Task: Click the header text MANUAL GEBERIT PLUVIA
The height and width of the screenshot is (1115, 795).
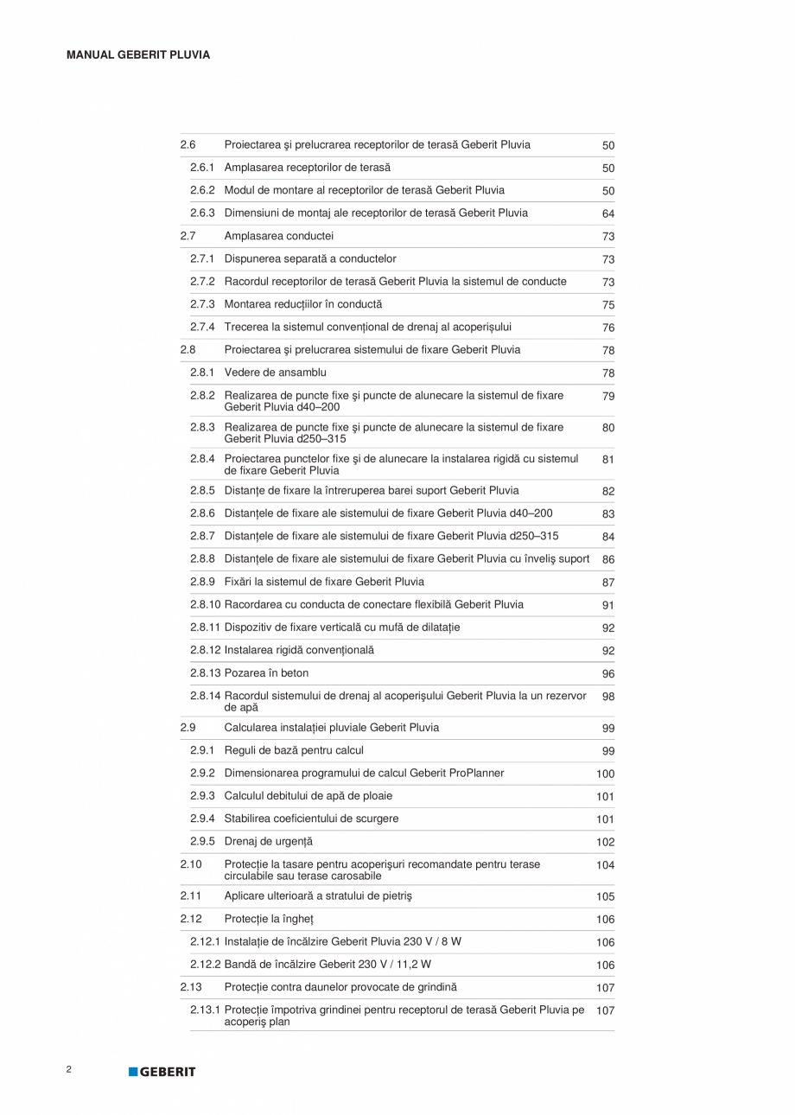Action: pyautogui.click(x=137, y=54)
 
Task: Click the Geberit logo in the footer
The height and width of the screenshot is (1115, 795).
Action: pyautogui.click(x=162, y=1072)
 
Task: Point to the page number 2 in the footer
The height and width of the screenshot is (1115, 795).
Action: pyautogui.click(x=68, y=1069)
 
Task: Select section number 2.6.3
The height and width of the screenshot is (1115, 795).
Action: pyautogui.click(x=202, y=213)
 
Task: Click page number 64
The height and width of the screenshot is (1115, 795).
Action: pyautogui.click(x=608, y=213)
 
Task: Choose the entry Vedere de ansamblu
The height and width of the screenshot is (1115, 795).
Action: pyautogui.click(x=269, y=373)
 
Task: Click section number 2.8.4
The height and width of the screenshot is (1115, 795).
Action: pyautogui.click(x=202, y=458)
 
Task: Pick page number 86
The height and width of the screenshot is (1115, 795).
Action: pyautogui.click(x=608, y=560)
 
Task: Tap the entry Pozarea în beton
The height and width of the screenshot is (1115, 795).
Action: pyautogui.click(x=266, y=672)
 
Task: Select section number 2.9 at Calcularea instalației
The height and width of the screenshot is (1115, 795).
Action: pyautogui.click(x=188, y=728)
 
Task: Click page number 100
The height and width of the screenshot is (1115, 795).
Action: pyautogui.click(x=605, y=774)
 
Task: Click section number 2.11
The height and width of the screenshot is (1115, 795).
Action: pyautogui.click(x=190, y=896)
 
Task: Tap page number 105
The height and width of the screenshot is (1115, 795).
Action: pyautogui.click(x=605, y=897)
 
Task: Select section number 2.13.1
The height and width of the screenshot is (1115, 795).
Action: pyautogui.click(x=205, y=1010)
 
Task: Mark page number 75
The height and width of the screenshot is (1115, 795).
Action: pyautogui.click(x=608, y=305)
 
